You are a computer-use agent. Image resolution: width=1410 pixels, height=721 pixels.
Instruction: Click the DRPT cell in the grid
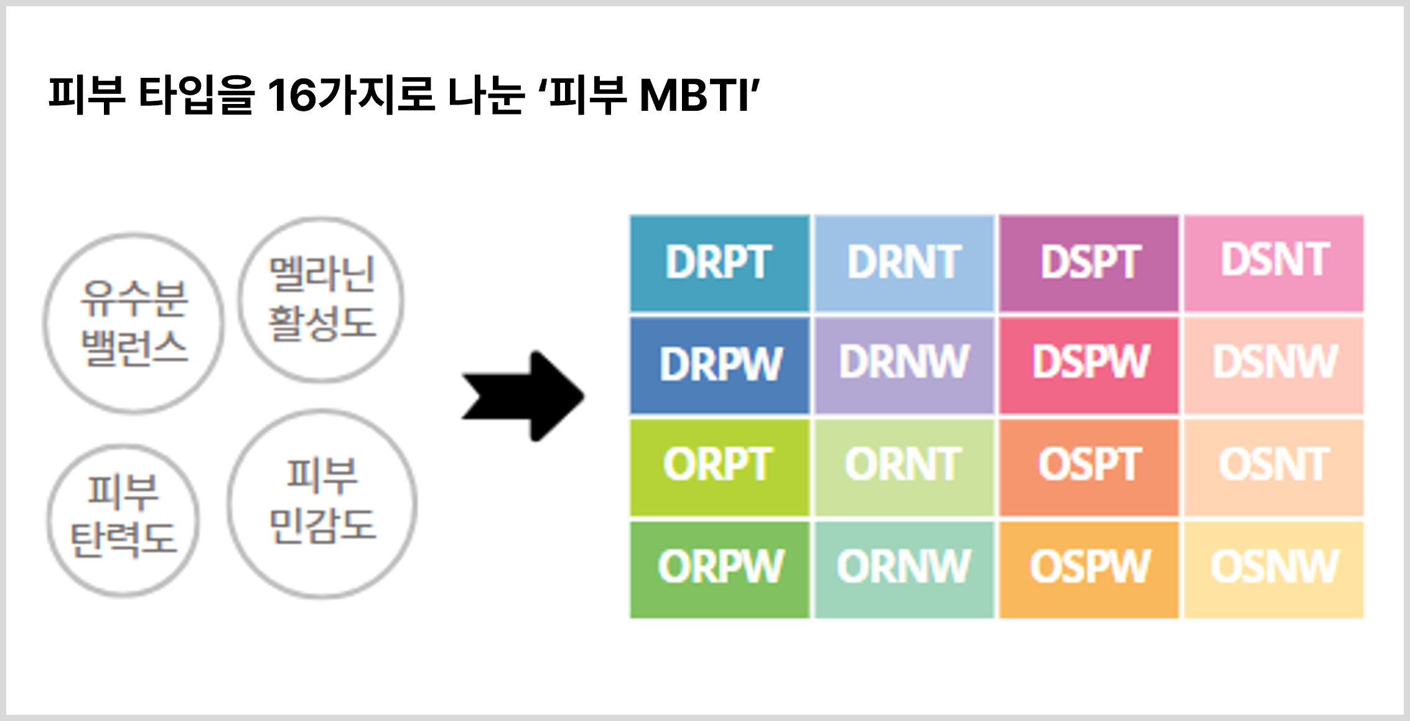[x=720, y=263]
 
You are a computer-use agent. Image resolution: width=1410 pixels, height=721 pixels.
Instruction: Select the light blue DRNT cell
[x=904, y=263]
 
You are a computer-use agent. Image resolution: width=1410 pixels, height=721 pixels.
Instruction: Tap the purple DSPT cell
[x=1089, y=263]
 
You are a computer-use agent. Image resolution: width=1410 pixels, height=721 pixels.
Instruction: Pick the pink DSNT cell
[x=1274, y=263]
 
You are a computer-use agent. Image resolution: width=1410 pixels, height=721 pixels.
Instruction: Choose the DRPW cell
[x=720, y=365]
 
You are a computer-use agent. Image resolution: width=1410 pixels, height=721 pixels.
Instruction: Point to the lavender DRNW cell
[x=904, y=365]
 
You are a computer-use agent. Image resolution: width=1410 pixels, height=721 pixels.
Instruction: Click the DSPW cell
[x=1089, y=365]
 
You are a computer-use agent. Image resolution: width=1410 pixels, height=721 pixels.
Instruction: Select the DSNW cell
[x=1274, y=365]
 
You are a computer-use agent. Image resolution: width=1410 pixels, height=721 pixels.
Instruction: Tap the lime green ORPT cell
[x=720, y=468]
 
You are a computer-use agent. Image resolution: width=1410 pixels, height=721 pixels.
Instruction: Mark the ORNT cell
[x=904, y=468]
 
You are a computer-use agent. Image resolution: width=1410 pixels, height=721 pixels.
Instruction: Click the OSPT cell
[x=1089, y=468]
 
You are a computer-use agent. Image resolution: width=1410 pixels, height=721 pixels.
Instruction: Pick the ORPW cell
[x=720, y=570]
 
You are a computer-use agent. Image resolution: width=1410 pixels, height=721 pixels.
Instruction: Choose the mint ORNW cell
[x=904, y=570]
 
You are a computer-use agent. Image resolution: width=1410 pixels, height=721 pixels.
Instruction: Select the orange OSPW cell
[x=1089, y=570]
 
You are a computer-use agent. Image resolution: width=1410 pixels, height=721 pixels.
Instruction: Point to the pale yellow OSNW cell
[x=1274, y=570]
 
